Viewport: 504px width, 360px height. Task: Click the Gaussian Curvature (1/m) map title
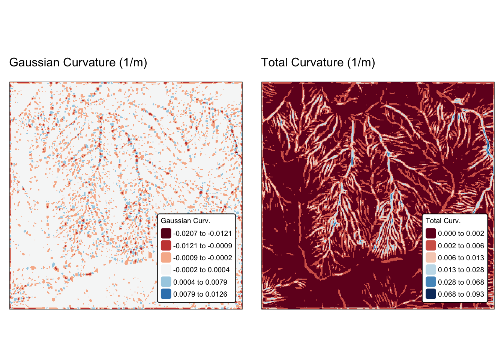tap(78, 63)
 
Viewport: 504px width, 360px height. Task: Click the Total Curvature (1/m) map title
tap(318, 63)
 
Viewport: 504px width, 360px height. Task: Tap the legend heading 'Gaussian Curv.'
tap(185, 221)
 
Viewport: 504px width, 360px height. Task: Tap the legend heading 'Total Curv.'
tap(443, 221)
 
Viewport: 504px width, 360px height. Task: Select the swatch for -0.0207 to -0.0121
tap(166, 233)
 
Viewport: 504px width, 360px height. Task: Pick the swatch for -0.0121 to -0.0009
tap(166, 246)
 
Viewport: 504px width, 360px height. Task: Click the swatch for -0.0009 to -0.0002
tap(166, 258)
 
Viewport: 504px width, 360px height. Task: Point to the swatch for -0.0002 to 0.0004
tap(166, 270)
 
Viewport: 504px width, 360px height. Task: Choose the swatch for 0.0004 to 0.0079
tap(166, 282)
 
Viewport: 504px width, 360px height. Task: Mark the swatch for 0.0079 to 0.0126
tap(166, 294)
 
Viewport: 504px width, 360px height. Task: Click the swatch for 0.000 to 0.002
tap(431, 233)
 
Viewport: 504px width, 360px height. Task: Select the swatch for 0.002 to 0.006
tap(431, 246)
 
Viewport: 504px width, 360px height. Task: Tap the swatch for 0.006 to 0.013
tap(431, 258)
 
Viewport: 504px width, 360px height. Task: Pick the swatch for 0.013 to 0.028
tap(431, 270)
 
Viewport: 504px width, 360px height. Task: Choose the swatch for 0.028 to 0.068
tap(431, 282)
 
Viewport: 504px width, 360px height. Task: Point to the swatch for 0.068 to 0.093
tap(431, 294)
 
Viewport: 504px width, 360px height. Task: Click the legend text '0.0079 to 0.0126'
tap(200, 294)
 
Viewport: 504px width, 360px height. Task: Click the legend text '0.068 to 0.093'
tap(461, 294)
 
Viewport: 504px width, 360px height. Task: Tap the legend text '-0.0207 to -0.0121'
tap(202, 233)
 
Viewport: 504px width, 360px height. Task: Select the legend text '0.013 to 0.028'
tap(461, 270)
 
